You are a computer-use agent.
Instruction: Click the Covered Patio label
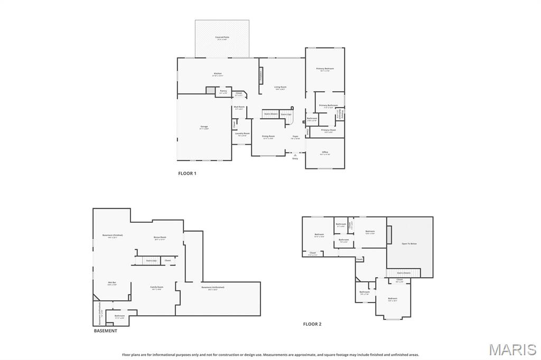[x=222, y=37]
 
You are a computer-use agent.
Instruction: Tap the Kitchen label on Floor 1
[x=218, y=74]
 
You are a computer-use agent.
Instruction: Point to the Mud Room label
[x=239, y=108]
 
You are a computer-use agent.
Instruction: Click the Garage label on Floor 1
[x=204, y=127]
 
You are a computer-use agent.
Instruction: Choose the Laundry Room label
[x=242, y=134]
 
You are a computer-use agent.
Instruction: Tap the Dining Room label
[x=268, y=137]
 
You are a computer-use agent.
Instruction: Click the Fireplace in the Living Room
[x=260, y=75]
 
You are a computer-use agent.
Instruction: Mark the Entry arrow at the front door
[x=295, y=155]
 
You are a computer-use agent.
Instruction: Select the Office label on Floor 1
[x=325, y=153]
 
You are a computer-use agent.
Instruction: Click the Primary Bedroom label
[x=325, y=69]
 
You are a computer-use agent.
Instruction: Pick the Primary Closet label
[x=328, y=130]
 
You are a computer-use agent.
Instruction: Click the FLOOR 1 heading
[x=187, y=173]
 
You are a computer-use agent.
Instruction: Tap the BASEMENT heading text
[x=106, y=331]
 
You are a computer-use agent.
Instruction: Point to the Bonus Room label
[x=160, y=238]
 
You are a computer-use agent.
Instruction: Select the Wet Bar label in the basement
[x=112, y=283]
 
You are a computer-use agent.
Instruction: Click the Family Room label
[x=157, y=288]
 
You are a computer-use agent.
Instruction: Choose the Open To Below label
[x=409, y=243]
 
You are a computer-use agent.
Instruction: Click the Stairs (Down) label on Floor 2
[x=404, y=273]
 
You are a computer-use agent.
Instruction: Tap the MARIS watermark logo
[x=512, y=349]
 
